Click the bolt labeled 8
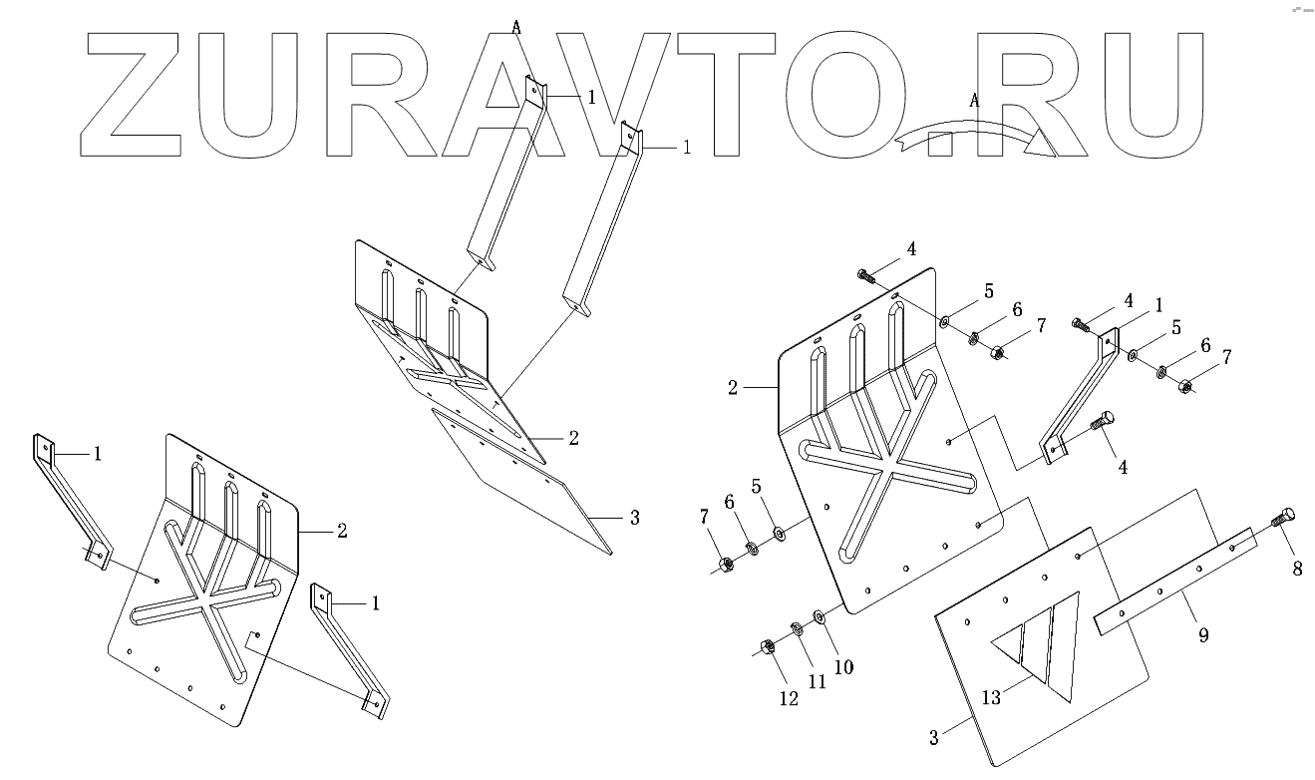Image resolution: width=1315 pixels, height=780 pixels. click(1280, 519)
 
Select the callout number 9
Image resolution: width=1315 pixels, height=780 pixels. click(1203, 635)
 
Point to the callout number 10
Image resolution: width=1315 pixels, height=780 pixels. click(843, 666)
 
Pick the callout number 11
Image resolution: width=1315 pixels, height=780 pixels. click(818, 682)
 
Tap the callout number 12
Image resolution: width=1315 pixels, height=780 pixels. click(789, 699)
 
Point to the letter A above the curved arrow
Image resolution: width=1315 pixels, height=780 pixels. click(974, 100)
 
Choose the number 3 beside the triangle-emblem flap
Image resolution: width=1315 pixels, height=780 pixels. click(934, 738)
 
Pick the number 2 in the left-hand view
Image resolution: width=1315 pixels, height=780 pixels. click(342, 531)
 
